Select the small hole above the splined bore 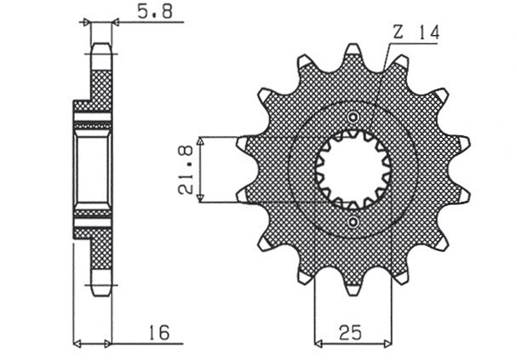(x=353, y=117)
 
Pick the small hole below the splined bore (x=353, y=222)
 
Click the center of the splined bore (x=353, y=169)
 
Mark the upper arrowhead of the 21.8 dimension (x=200, y=140)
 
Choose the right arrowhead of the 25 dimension (x=388, y=345)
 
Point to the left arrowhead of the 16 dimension (x=78, y=345)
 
